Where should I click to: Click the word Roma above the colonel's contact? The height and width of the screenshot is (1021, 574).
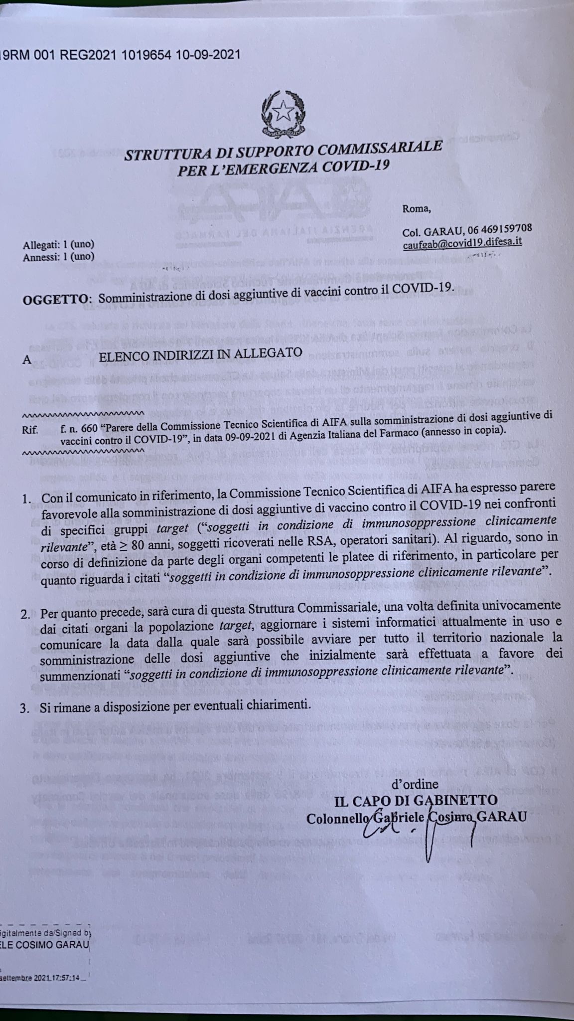point(417,209)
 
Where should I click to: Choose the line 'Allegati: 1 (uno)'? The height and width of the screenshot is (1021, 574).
point(58,245)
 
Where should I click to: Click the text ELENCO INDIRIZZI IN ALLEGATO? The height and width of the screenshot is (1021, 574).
point(200,353)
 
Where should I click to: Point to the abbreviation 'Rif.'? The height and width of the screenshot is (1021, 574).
point(30,430)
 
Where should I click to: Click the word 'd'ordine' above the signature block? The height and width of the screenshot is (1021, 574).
point(415,784)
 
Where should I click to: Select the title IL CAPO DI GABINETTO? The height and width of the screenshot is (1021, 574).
point(417,801)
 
